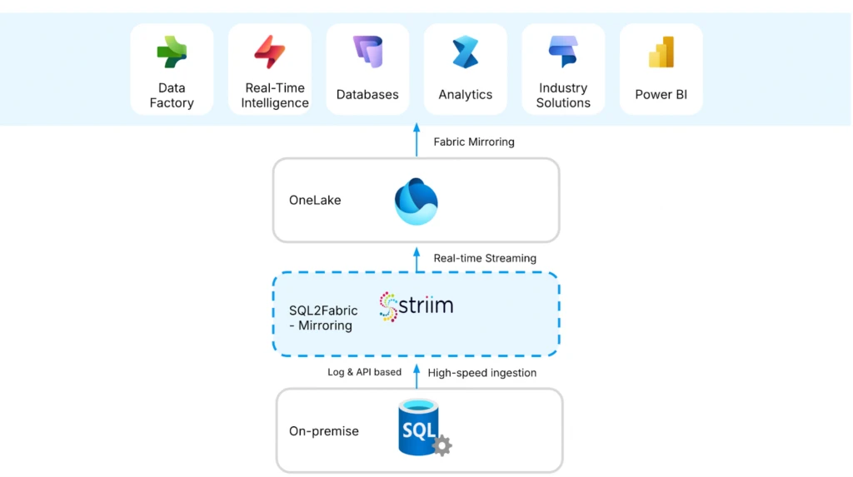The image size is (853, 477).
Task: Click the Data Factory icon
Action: click(172, 52)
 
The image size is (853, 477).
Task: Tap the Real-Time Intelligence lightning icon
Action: click(270, 52)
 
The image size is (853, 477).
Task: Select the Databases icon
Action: click(367, 52)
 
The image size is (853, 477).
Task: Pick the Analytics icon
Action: click(466, 52)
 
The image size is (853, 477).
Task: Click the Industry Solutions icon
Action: click(563, 52)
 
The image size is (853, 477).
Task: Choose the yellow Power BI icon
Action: click(661, 52)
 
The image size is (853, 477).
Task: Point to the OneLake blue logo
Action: click(416, 201)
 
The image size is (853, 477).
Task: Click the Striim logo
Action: click(417, 306)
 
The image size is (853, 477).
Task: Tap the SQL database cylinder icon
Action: click(419, 428)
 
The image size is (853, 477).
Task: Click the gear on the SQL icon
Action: click(442, 445)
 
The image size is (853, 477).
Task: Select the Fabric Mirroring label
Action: click(474, 142)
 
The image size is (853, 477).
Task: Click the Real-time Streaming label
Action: click(485, 258)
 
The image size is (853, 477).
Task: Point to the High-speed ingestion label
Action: click(481, 373)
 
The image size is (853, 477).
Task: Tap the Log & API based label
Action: click(364, 372)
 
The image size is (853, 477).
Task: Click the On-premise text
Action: click(324, 431)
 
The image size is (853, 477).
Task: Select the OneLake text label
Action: click(315, 200)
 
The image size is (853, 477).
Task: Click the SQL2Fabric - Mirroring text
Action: click(317, 318)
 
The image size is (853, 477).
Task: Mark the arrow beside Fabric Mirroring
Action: click(417, 140)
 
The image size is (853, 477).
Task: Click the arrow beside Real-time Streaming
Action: click(417, 257)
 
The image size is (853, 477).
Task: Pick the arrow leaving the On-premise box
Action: click(417, 375)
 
